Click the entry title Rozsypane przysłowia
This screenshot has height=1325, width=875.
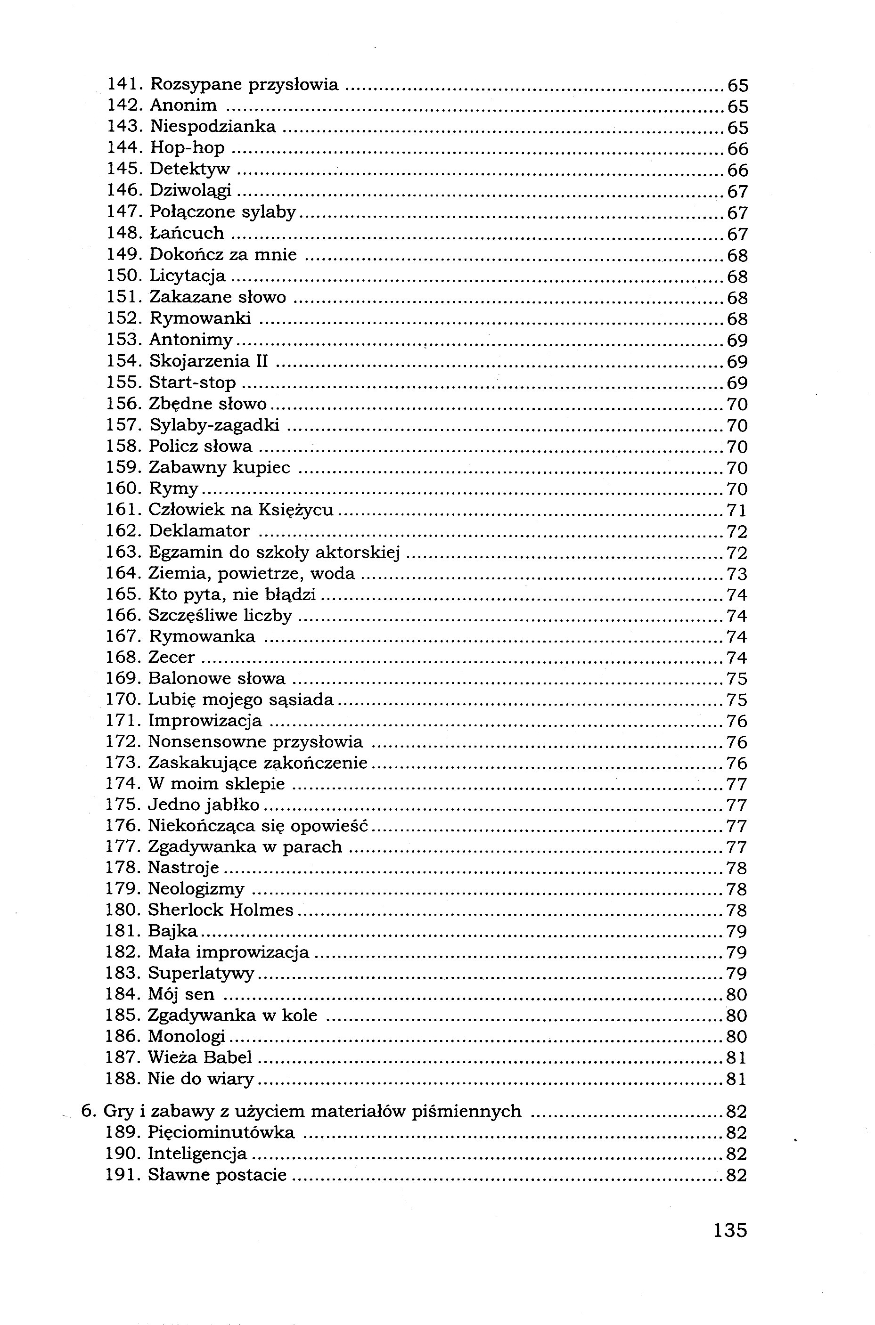pos(245,85)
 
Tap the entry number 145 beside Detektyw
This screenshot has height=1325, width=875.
pos(122,169)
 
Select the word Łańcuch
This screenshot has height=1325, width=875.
pos(187,233)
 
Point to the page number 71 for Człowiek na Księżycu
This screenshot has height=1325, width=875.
pos(736,511)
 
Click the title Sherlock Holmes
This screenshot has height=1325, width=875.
pos(221,910)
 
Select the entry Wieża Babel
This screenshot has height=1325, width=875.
pos(200,1057)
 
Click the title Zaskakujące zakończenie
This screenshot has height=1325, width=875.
pos(258,763)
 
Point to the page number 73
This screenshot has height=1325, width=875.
pos(736,574)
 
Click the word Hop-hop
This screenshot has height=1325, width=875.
pos(187,148)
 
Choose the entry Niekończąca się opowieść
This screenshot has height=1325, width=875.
pos(258,826)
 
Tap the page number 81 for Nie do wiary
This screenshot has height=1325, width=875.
pos(736,1079)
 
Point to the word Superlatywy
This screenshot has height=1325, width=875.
pos(201,974)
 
